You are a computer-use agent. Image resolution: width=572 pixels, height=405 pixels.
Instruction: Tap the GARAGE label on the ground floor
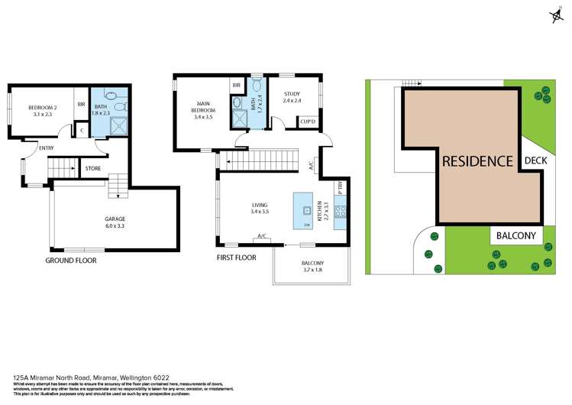click(115, 222)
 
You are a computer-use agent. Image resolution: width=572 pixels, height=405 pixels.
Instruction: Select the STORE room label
click(93, 168)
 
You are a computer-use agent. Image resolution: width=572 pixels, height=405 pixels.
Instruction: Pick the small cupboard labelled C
click(82, 131)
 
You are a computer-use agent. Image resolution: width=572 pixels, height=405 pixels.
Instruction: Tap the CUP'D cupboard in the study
click(309, 122)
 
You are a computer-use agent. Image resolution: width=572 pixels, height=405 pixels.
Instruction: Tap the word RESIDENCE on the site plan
click(477, 161)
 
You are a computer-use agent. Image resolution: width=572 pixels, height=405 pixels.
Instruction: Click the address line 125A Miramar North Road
click(92, 377)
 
